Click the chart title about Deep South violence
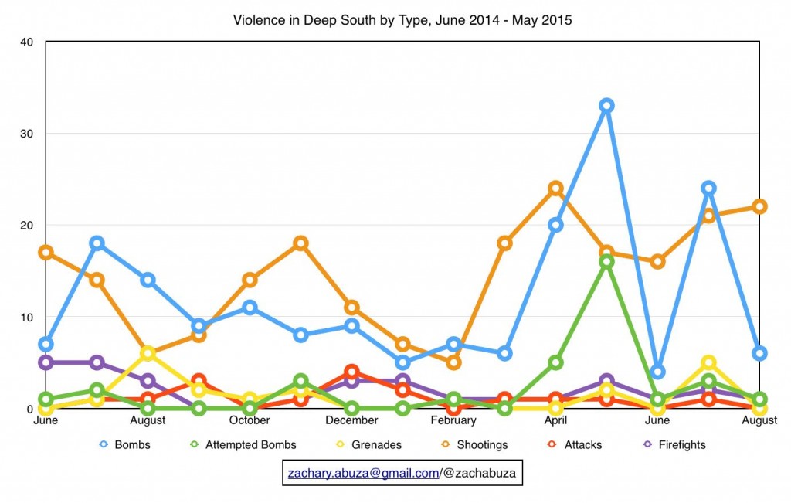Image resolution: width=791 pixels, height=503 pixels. pos(402,20)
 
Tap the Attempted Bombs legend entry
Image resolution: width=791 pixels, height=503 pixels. pos(243,445)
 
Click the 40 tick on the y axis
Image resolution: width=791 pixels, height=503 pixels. pos(27,42)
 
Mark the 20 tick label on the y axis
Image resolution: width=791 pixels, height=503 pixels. pos(27,225)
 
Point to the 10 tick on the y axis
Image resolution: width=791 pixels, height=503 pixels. pos(27,317)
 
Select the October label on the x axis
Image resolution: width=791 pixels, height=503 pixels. pos(250,420)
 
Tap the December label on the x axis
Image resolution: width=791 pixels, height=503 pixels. pos(351,420)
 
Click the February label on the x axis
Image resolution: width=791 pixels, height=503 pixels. pos(453,420)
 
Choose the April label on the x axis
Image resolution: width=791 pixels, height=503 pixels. pos(555,420)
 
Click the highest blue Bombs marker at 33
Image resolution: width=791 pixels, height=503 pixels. pos(606,105)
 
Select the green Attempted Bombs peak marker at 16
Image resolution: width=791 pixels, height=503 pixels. pos(606,262)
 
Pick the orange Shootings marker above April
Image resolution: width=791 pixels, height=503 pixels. pos(555,188)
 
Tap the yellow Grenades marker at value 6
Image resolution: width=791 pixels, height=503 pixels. pos(148,353)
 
